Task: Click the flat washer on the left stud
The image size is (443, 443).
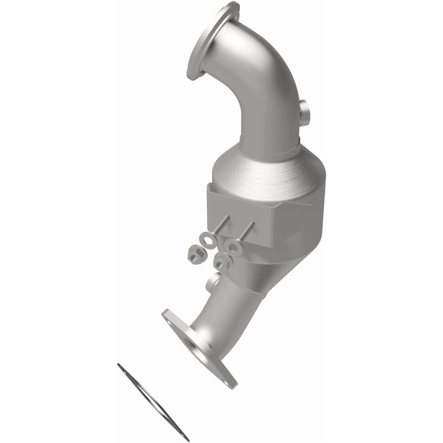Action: pos(207,240)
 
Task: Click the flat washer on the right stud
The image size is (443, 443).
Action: pos(234,244)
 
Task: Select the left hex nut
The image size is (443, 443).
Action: pos(195,254)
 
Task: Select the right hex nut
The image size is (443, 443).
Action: pos(221,260)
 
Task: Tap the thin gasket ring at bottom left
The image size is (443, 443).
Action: pos(153,401)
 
